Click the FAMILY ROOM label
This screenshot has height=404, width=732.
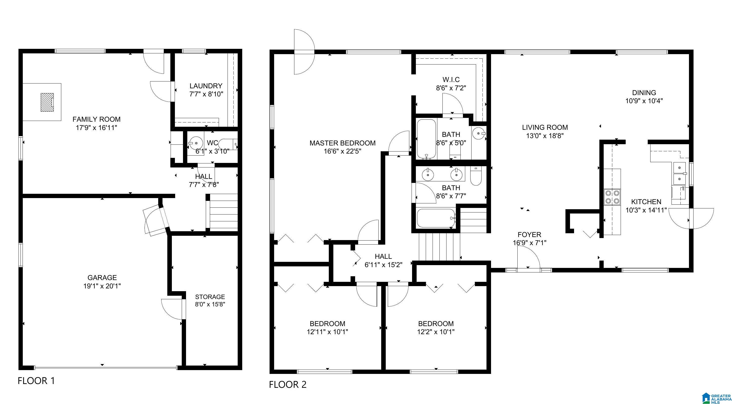pyautogui.click(x=96, y=119)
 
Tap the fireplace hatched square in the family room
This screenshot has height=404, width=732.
pyautogui.click(x=47, y=102)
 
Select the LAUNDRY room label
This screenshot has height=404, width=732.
pyautogui.click(x=206, y=86)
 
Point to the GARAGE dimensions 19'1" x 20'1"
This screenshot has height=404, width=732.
pyautogui.click(x=102, y=286)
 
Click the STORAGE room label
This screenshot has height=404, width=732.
pyautogui.click(x=210, y=297)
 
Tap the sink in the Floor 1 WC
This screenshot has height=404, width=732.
pyautogui.click(x=196, y=143)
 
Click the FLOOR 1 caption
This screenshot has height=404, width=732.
pyautogui.click(x=36, y=381)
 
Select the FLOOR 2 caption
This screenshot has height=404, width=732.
pyautogui.click(x=288, y=385)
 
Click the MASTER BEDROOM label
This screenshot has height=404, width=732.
pyautogui.click(x=342, y=143)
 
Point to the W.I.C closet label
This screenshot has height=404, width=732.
pyautogui.click(x=451, y=80)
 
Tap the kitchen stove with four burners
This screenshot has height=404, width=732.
pyautogui.click(x=612, y=197)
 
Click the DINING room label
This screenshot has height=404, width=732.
pyautogui.click(x=644, y=93)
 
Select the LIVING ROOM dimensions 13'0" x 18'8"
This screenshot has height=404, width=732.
pyautogui.click(x=545, y=136)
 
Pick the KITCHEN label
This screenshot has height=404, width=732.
pyautogui.click(x=646, y=202)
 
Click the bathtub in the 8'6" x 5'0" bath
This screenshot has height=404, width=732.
pyautogui.click(x=426, y=139)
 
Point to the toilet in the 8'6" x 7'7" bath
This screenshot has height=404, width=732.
pyautogui.click(x=475, y=176)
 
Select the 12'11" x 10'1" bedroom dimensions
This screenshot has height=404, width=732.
pyautogui.click(x=327, y=332)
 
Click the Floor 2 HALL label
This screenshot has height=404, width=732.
pyautogui.click(x=383, y=256)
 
